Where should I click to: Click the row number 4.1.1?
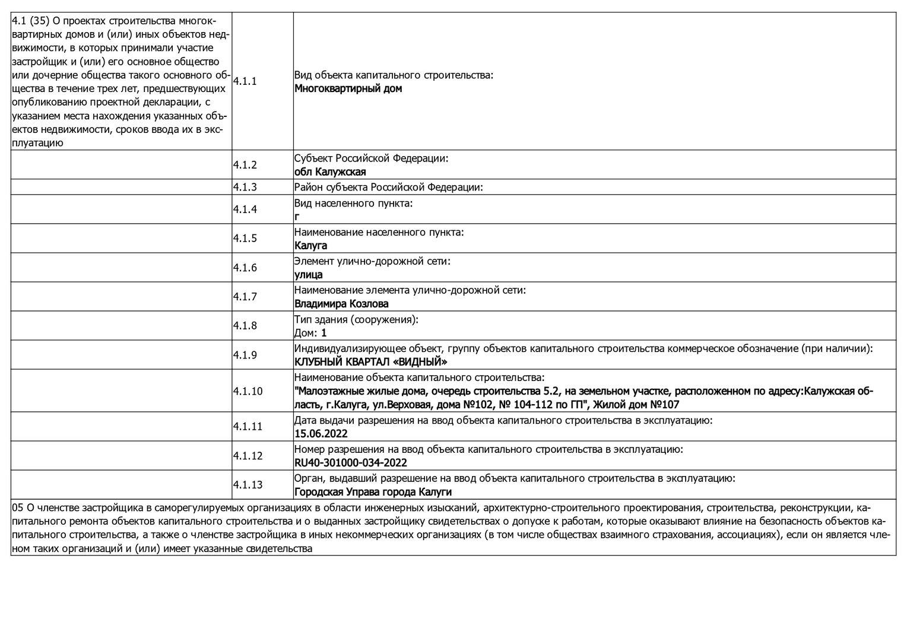click(245, 81)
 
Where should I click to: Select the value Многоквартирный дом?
click(348, 89)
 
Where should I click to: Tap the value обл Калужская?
click(330, 172)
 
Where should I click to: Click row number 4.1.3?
click(245, 187)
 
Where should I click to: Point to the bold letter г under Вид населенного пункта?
click(297, 217)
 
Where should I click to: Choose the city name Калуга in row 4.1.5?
click(310, 246)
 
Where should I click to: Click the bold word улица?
click(309, 275)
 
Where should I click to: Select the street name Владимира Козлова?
click(341, 304)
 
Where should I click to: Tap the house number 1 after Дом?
click(324, 333)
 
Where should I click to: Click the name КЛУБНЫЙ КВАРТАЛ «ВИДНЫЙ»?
click(371, 362)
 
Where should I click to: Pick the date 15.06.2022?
click(321, 434)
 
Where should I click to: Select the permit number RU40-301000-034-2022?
click(351, 463)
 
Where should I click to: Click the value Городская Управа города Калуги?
click(373, 492)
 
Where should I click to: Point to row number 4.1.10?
click(247, 391)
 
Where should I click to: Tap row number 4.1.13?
click(247, 485)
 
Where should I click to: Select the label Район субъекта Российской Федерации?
click(389, 188)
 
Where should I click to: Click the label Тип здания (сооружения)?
click(356, 320)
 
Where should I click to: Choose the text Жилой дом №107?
click(636, 405)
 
